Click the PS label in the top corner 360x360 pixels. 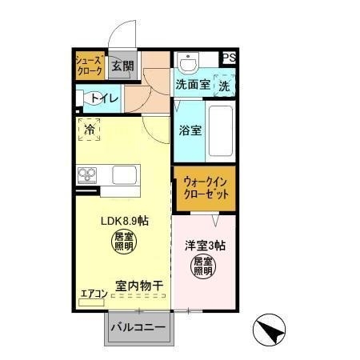tap(229, 58)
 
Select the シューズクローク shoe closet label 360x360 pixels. tap(89, 66)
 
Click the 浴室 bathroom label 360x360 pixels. tap(190, 129)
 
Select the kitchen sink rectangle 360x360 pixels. tap(125, 174)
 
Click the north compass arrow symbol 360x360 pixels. tap(268, 330)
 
